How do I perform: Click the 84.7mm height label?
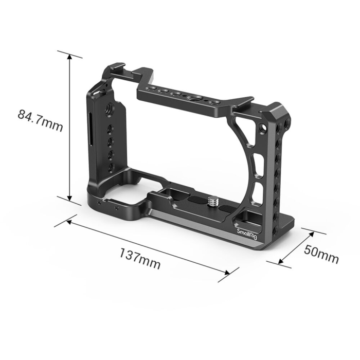[x=40, y=120]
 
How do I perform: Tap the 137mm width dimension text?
[x=140, y=260]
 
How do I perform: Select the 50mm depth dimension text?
[x=321, y=254]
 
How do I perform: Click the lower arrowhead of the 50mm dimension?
[x=281, y=261]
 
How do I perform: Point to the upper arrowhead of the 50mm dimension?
[x=311, y=232]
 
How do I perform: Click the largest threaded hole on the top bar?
[x=195, y=99]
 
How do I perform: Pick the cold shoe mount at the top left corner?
[x=115, y=72]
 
